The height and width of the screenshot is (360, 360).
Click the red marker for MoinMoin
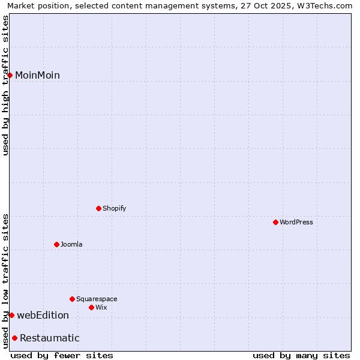tap(10, 75)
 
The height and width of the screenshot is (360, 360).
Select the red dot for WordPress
tap(275, 222)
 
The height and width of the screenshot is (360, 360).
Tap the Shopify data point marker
tap(98, 208)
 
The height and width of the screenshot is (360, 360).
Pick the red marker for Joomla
tap(56, 244)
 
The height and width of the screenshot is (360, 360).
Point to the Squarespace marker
tap(72, 299)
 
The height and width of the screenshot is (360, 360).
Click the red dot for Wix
tap(91, 307)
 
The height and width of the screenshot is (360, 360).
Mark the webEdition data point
tap(11, 315)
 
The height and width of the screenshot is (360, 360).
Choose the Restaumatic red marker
tap(14, 338)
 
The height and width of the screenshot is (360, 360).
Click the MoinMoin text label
tap(37, 75)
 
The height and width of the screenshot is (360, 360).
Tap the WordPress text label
tap(296, 222)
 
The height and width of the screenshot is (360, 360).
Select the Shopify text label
tap(114, 208)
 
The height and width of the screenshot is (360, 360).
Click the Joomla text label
tap(71, 244)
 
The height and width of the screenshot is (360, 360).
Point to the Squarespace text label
tap(97, 299)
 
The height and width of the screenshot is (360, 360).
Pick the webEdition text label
tap(43, 315)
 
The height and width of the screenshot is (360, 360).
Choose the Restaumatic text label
tap(49, 338)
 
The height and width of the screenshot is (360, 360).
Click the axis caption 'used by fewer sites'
tap(62, 355)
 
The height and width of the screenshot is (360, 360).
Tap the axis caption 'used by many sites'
tap(301, 355)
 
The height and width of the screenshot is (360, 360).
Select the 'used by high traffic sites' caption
tap(5, 85)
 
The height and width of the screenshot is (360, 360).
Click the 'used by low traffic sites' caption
tap(5, 281)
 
